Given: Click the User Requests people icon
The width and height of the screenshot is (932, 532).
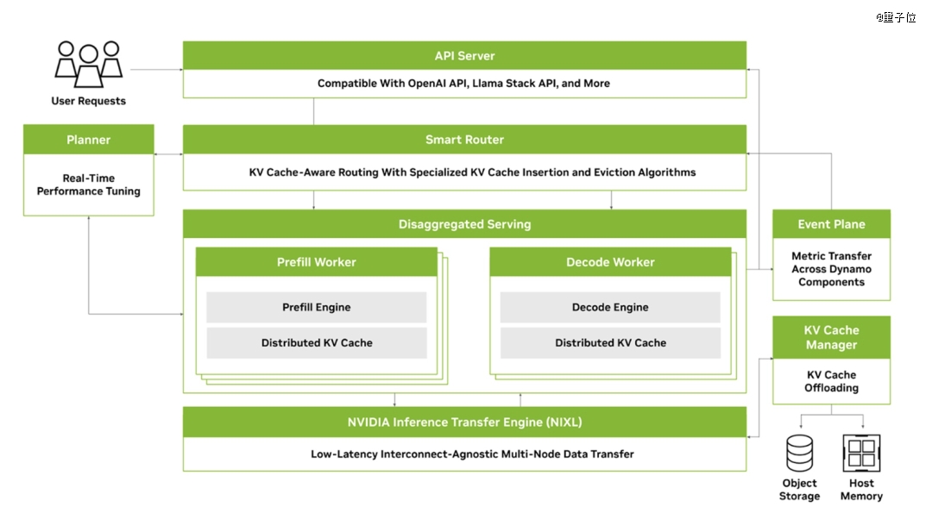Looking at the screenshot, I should tap(88, 64).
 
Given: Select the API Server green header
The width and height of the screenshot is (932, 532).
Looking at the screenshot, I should tap(464, 56).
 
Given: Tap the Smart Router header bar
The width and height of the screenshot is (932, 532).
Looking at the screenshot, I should tap(464, 140).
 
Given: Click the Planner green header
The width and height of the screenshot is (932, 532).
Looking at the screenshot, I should tap(88, 140).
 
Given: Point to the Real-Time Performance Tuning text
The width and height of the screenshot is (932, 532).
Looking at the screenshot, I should tap(88, 185).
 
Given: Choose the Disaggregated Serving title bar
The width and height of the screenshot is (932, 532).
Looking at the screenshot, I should tap(464, 224).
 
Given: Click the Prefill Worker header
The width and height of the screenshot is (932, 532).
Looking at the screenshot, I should tap(316, 262).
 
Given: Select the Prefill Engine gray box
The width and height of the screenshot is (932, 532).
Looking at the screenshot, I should tap(316, 307).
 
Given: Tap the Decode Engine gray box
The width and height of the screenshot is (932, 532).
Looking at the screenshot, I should tap(610, 307).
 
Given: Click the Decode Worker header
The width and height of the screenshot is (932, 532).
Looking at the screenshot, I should tap(610, 262).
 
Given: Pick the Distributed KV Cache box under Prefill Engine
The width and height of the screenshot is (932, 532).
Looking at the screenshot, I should tap(316, 342).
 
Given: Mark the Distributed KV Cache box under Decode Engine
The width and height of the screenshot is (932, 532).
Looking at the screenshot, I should tap(610, 342).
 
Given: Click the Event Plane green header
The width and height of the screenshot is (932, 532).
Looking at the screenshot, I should tap(831, 224).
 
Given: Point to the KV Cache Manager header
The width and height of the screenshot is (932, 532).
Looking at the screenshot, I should tap(831, 337).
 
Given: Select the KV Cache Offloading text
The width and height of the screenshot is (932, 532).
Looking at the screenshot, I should tap(831, 381).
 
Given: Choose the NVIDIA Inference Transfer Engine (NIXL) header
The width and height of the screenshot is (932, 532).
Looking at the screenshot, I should tap(464, 422).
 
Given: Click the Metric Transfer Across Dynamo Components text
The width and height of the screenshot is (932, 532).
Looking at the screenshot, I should tap(831, 269).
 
